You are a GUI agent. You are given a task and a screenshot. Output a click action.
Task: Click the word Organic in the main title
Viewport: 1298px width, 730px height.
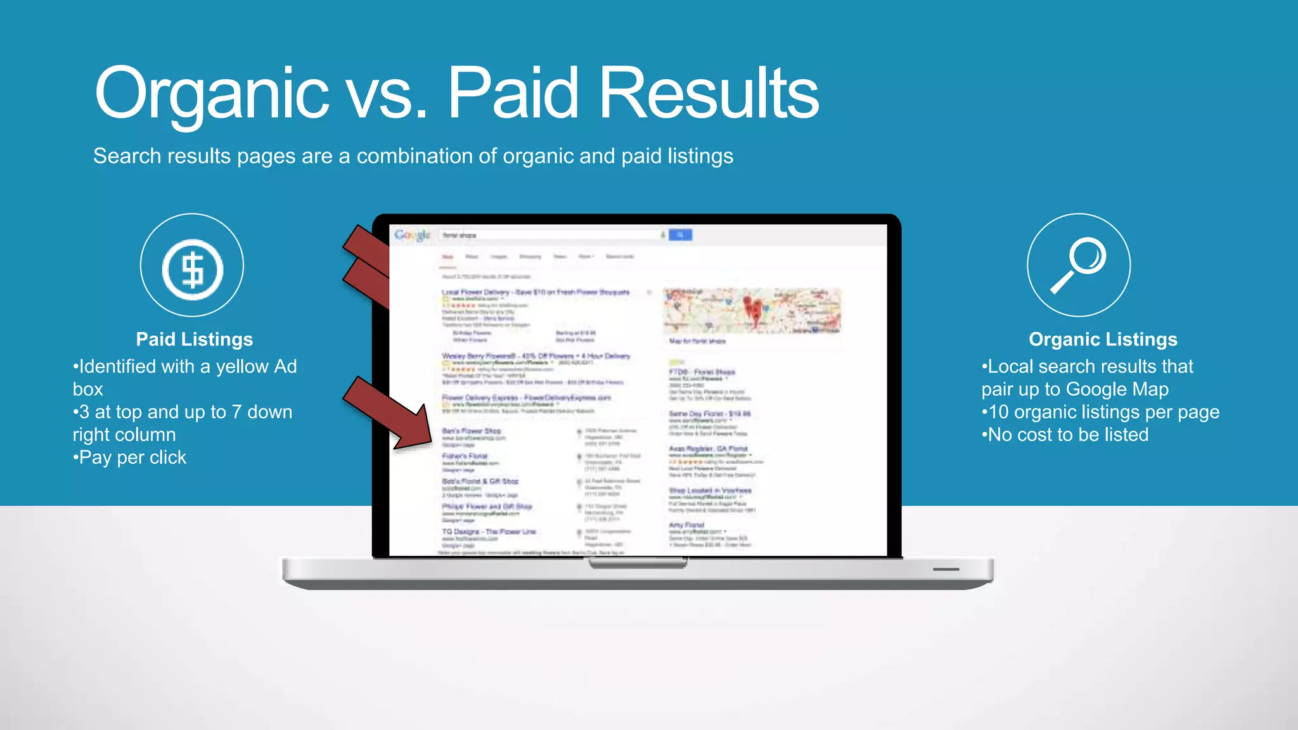212,94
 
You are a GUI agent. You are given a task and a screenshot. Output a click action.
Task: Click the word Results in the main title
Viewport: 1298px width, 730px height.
709,94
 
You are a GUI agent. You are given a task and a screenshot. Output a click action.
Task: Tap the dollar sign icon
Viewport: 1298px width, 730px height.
192,269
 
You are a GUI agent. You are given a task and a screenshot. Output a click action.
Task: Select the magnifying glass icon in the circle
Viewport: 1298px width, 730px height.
1079,265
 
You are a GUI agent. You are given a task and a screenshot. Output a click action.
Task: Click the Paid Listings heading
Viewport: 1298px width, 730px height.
194,340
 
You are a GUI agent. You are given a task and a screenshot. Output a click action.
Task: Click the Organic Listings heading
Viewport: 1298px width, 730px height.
1103,340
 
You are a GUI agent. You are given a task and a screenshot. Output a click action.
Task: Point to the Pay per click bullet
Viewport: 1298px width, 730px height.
130,458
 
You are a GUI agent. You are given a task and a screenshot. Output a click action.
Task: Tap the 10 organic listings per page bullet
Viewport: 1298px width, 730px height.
1100,412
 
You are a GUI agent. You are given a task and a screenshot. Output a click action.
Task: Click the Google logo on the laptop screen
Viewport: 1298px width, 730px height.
412,235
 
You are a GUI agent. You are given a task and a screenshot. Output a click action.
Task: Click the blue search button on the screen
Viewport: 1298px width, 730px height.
680,235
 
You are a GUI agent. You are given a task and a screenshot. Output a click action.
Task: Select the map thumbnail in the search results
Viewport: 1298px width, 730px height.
752,311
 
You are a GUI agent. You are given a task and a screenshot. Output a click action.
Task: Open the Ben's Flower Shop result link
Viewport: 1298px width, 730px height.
471,431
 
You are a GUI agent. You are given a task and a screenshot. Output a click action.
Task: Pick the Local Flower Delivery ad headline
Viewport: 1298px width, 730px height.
536,292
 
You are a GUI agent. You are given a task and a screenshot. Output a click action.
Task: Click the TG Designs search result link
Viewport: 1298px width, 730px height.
489,532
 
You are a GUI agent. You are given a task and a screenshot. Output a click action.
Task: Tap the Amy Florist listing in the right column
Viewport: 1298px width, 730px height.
686,525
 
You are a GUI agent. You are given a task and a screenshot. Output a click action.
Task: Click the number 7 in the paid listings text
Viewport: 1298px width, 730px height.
236,412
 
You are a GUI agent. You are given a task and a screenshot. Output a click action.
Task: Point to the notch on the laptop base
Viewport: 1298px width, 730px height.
638,563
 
